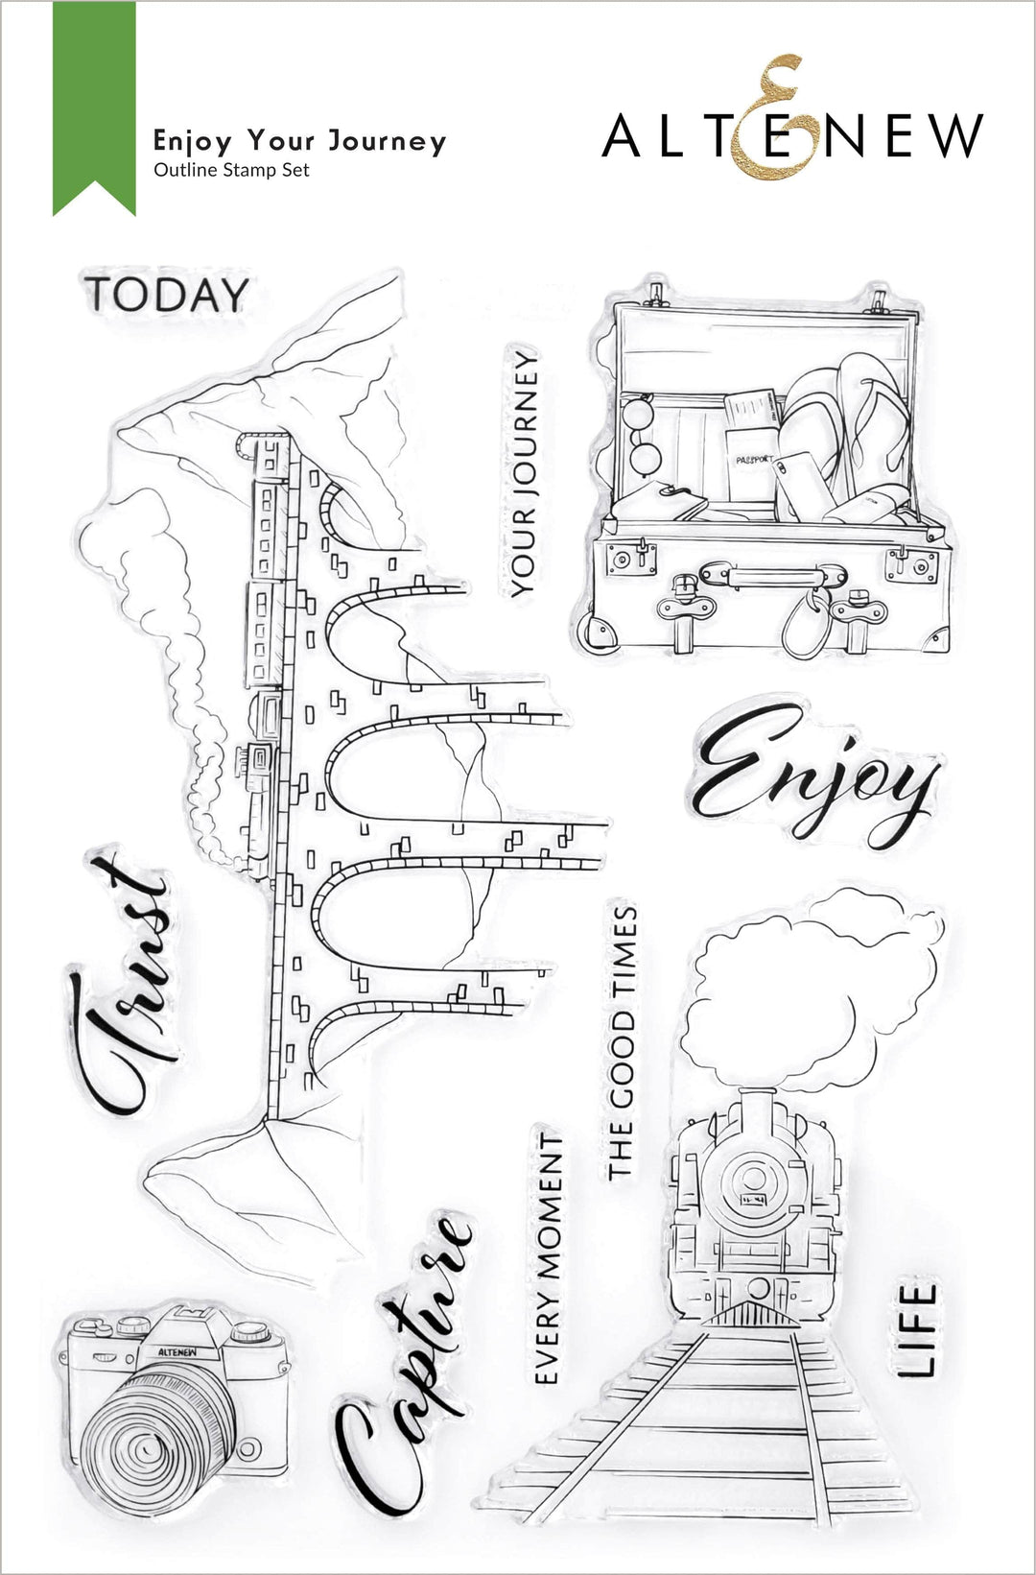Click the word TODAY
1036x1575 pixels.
click(x=167, y=295)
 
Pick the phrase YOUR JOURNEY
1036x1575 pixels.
click(x=523, y=474)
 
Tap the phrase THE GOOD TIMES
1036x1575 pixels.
click(x=623, y=1042)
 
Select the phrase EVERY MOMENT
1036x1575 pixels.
click(x=549, y=1257)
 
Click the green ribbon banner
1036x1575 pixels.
click(x=94, y=106)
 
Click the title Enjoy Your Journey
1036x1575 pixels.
click(x=299, y=142)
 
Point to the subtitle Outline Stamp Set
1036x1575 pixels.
click(x=231, y=170)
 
